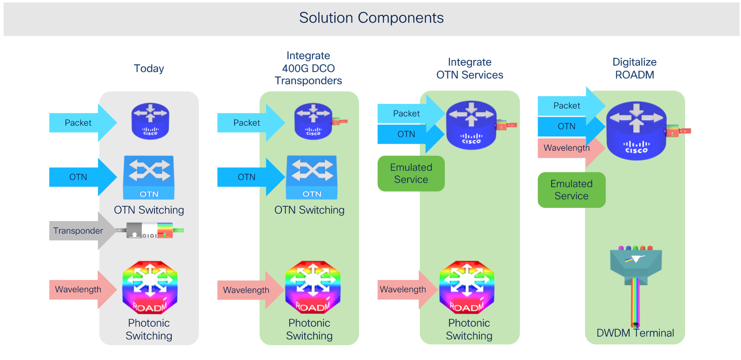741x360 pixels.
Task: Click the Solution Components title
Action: (371, 18)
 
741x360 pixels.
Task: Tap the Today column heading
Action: (149, 68)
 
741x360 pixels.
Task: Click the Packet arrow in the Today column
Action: (81, 123)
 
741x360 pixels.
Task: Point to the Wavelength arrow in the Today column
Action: (81, 289)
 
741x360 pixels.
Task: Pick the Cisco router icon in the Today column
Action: (150, 121)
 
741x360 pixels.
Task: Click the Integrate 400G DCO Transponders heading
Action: (308, 68)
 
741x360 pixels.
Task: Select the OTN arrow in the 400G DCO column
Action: (249, 177)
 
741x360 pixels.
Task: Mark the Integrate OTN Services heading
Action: (469, 69)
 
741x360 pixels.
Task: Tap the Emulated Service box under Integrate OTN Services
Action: (411, 173)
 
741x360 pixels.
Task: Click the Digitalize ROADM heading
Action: (634, 69)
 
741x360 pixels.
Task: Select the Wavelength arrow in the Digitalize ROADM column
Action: (569, 148)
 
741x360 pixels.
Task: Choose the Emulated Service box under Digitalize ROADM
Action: (571, 190)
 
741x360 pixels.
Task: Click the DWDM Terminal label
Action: (635, 333)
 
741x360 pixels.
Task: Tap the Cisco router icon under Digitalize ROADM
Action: (636, 131)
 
